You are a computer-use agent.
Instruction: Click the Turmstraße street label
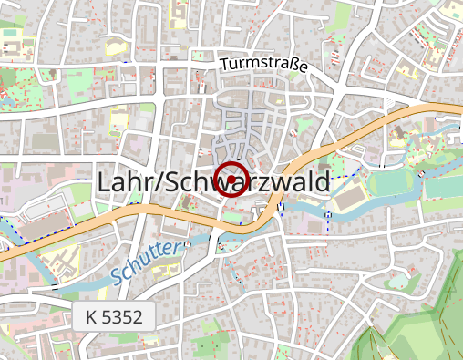[x=263, y=65]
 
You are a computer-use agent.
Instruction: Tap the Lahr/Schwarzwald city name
[x=212, y=182]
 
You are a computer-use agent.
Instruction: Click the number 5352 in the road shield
[x=124, y=318]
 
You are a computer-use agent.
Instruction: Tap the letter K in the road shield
[x=91, y=318]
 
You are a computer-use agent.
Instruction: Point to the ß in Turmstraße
[x=293, y=67]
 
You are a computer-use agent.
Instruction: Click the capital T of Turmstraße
[x=224, y=65]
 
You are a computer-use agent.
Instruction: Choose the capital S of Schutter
[x=116, y=275]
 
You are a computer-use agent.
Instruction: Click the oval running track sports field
[x=396, y=183]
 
